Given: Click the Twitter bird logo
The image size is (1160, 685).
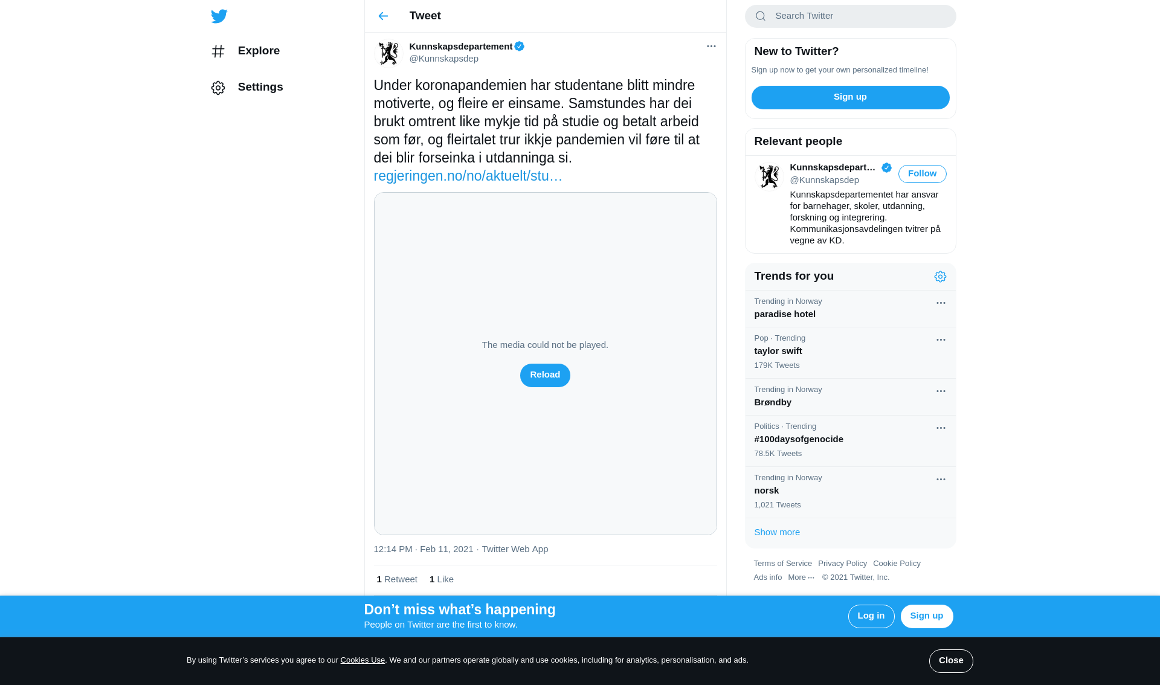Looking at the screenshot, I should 219,16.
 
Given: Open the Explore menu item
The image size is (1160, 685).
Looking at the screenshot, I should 258,51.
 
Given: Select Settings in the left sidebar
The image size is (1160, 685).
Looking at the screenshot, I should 260,87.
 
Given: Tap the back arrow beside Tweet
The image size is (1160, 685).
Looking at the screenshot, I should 383,16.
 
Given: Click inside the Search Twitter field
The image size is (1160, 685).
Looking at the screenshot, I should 858,16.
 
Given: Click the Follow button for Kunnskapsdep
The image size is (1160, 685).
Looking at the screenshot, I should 922,174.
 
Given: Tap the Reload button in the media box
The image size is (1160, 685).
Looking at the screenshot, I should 545,375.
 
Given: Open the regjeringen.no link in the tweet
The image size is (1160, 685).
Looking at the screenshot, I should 468,176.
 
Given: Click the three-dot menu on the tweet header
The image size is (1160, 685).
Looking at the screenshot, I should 711,47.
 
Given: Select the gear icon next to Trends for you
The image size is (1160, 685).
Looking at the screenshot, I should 940,277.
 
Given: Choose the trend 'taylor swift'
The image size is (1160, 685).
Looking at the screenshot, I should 778,351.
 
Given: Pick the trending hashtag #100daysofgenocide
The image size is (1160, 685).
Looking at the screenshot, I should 799,439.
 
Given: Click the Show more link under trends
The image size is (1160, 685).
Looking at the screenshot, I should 777,532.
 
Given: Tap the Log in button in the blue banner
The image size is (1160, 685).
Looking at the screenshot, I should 871,616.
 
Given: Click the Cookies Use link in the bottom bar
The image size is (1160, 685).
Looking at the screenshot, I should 362,660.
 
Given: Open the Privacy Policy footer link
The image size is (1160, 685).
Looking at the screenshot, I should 842,564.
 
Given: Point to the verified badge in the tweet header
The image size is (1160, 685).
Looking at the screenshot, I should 520,47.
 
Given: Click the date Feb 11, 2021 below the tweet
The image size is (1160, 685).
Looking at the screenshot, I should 446,549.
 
